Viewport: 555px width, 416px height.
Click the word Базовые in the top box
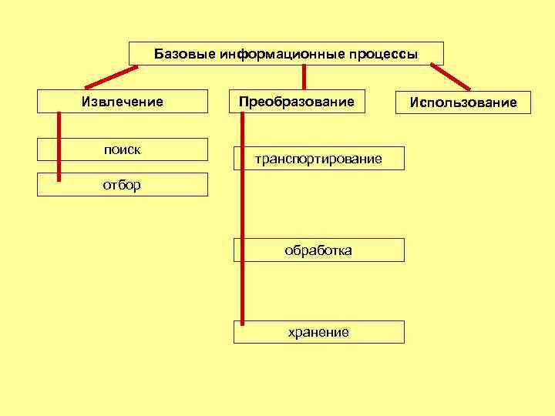pyautogui.click(x=184, y=55)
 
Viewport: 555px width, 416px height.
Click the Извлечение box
pyautogui.click(x=123, y=102)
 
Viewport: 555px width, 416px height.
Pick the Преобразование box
pyautogui.click(x=297, y=102)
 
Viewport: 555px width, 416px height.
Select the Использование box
pyautogui.click(x=463, y=102)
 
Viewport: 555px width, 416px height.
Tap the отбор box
pyautogui.click(x=123, y=185)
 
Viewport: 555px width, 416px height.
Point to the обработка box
pyautogui.click(x=318, y=250)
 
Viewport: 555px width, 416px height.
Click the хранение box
pyautogui.click(x=318, y=332)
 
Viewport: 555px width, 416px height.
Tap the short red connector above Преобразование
pyautogui.click(x=304, y=77)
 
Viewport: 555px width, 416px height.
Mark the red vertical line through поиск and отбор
pyautogui.click(x=59, y=146)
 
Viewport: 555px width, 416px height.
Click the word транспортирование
pyautogui.click(x=318, y=159)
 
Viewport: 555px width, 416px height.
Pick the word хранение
pyautogui.click(x=318, y=332)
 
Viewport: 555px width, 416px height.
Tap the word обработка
pyautogui.click(x=318, y=250)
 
